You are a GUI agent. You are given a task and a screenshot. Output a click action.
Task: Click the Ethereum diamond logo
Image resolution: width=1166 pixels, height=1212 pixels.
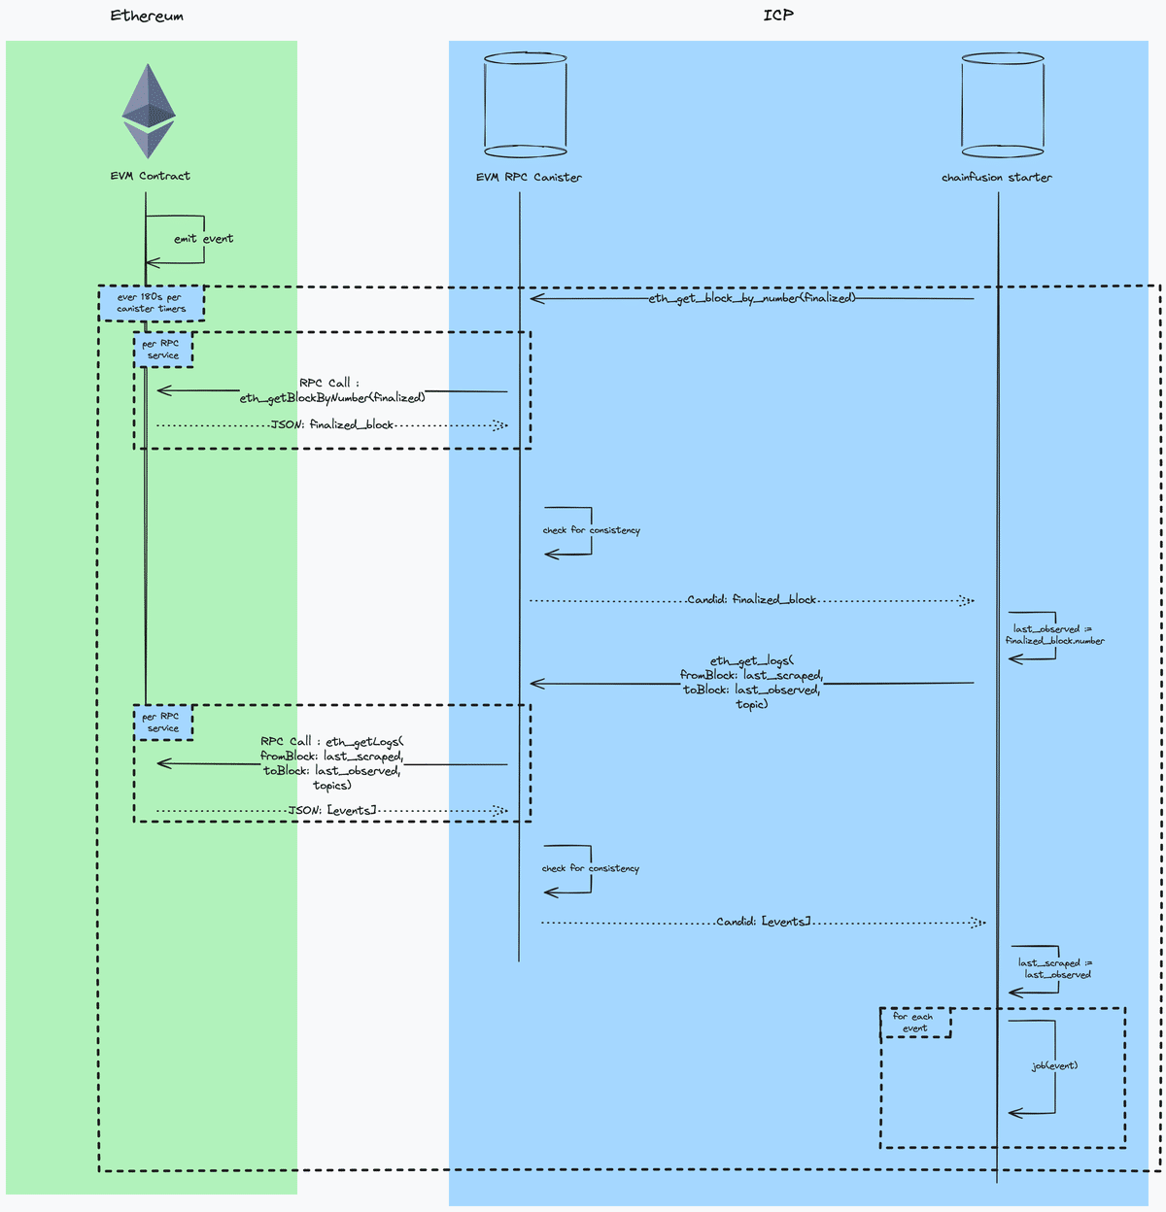[148, 111]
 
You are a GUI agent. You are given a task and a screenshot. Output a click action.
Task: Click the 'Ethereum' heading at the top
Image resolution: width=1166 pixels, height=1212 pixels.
[147, 16]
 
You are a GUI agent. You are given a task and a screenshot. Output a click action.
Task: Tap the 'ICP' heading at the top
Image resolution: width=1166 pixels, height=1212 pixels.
[777, 15]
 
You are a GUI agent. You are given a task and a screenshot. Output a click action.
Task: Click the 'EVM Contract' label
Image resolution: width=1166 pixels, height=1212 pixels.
[150, 176]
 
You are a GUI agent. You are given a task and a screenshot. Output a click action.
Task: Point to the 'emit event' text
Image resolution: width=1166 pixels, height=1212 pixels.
[203, 238]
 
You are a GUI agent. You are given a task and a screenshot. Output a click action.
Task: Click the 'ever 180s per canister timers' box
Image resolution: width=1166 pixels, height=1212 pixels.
[152, 303]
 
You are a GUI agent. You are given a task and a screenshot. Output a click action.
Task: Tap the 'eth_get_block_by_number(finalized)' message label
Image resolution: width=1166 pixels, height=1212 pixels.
[752, 298]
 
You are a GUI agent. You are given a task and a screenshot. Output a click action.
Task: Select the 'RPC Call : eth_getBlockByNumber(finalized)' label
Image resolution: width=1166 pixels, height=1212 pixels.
[332, 389]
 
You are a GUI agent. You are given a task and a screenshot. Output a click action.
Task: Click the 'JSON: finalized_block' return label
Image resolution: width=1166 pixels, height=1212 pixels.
[332, 424]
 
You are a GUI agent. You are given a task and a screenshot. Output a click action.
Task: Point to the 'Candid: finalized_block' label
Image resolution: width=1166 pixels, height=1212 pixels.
[751, 599]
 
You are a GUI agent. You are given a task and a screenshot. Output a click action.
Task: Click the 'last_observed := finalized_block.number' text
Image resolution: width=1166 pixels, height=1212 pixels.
[1054, 634]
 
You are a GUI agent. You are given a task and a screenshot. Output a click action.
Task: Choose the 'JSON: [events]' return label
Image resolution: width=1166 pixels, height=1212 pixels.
[332, 810]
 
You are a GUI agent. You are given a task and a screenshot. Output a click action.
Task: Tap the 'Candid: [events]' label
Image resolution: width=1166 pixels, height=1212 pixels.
[763, 921]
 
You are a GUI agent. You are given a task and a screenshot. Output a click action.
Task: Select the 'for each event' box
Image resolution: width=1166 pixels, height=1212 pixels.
[914, 1023]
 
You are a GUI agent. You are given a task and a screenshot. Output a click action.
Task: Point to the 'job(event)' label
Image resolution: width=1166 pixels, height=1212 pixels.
[1054, 1065]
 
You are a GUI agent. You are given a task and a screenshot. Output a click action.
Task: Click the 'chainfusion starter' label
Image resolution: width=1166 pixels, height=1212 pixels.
[996, 177]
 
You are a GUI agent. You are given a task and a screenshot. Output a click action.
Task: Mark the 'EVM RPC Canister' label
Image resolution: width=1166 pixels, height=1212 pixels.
[529, 177]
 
